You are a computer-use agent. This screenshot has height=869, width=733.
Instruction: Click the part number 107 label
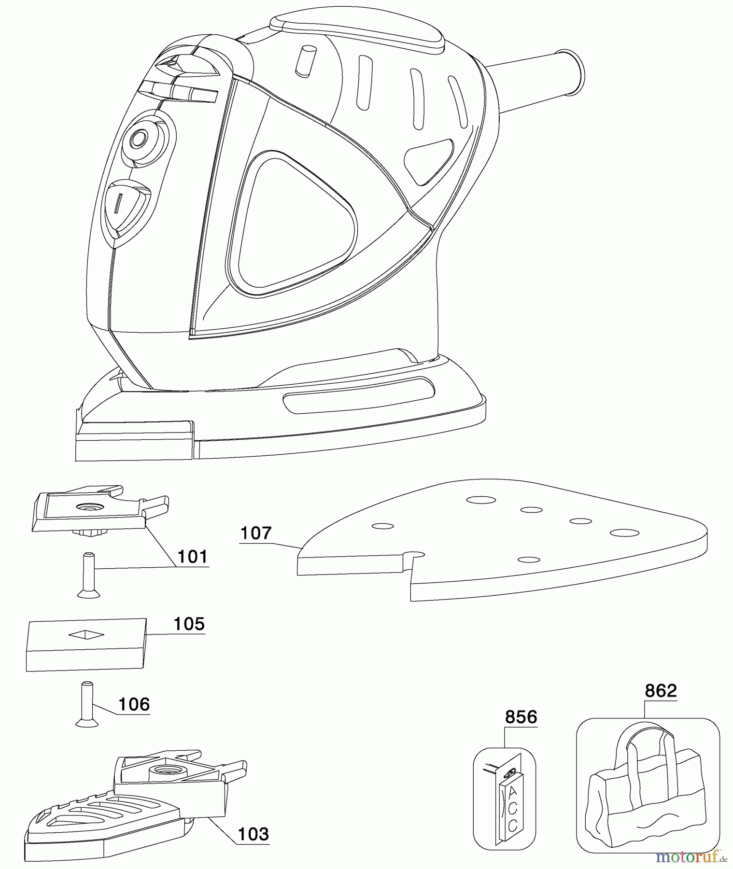click(256, 533)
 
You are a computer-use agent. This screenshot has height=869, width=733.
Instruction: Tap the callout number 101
click(192, 557)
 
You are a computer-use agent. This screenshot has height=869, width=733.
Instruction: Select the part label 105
click(189, 624)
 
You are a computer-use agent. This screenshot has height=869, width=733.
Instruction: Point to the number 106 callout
click(134, 704)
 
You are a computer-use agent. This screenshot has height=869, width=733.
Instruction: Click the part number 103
click(254, 834)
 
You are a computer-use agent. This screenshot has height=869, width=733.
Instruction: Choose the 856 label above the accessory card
click(521, 717)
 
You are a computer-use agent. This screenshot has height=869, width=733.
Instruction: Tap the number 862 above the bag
click(661, 691)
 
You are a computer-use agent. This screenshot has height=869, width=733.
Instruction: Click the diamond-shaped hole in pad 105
click(86, 635)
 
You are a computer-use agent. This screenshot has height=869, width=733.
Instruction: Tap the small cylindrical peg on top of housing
click(305, 61)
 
